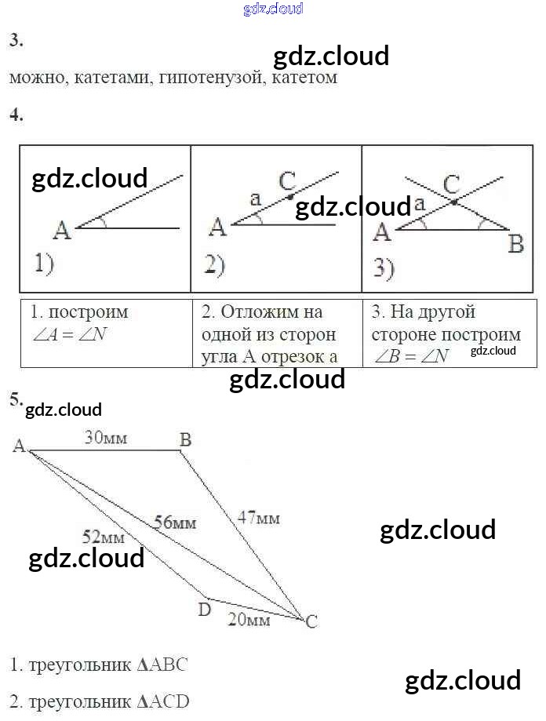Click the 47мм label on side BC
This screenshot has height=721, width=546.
(259, 518)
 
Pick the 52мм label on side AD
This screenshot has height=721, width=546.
(104, 537)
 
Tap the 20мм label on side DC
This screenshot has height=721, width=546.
(249, 620)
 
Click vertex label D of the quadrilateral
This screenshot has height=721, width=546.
(204, 609)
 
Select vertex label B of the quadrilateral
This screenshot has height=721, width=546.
(185, 440)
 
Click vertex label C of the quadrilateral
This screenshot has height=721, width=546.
(311, 622)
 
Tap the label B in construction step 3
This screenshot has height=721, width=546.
(515, 245)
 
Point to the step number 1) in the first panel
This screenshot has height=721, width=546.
(43, 264)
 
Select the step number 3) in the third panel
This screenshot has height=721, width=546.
(384, 269)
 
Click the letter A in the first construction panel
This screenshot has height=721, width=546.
(62, 231)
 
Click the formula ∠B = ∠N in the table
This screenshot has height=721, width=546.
(410, 356)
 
